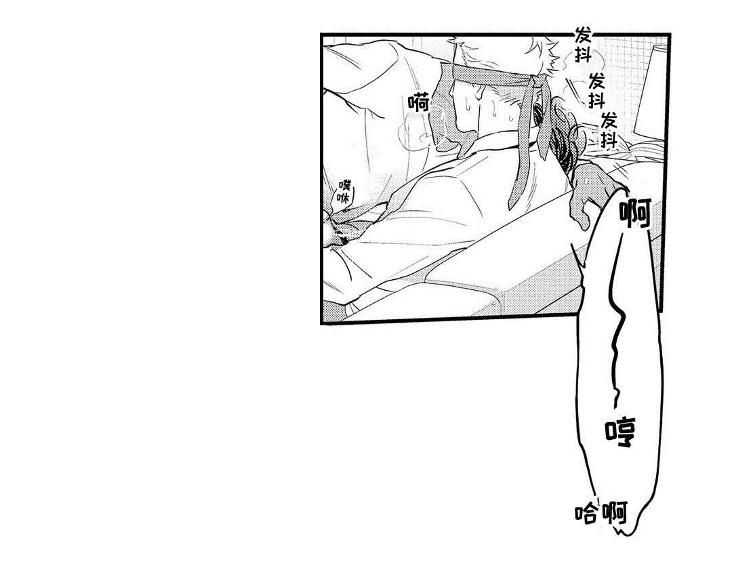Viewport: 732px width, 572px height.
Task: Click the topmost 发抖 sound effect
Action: pyautogui.click(x=583, y=44)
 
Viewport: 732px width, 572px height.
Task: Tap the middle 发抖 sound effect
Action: pyautogui.click(x=596, y=91)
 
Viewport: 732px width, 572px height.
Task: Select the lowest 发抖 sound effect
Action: pyautogui.click(x=609, y=130)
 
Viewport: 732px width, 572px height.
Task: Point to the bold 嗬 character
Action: pyautogui.click(x=418, y=102)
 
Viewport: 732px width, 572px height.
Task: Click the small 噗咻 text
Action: pyautogui.click(x=344, y=191)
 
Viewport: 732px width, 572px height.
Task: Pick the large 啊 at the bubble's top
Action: pyautogui.click(x=635, y=212)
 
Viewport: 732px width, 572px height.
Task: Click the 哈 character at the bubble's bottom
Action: pyautogui.click(x=586, y=514)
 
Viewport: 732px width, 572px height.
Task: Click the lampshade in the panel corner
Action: pyautogui.click(x=650, y=94)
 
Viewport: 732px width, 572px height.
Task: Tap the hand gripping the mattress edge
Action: pyautogui.click(x=595, y=191)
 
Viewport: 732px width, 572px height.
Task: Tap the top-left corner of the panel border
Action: pyautogui.click(x=322, y=35)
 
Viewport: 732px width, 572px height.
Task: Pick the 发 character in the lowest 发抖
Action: pyautogui.click(x=609, y=121)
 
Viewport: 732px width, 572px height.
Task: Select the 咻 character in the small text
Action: pyautogui.click(x=344, y=197)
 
